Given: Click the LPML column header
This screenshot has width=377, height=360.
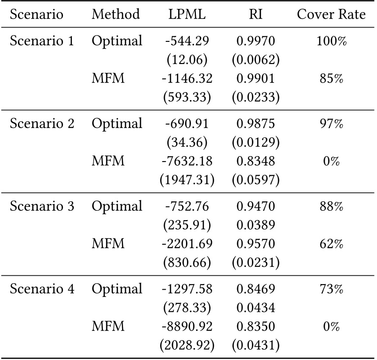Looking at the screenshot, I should [187, 15].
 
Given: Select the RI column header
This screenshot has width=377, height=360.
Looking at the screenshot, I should [255, 15].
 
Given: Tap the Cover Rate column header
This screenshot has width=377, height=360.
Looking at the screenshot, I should [331, 15].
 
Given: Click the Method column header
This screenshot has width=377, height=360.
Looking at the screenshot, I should [116, 15].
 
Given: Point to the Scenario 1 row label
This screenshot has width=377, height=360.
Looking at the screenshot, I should [42, 41].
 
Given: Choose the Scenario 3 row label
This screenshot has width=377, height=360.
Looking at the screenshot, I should [42, 206].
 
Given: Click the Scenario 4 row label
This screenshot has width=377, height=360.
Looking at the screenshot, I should [42, 289].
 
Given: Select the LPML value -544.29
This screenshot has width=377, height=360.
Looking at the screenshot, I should [187, 41].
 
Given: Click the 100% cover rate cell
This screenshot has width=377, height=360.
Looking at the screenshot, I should [331, 41].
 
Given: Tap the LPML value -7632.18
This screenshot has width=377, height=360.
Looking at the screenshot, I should [187, 162].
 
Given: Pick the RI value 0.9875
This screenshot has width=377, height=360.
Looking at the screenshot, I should [255, 124].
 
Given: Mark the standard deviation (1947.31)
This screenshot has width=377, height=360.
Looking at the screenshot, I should [187, 180].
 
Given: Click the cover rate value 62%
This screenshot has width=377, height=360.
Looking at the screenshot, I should [331, 244].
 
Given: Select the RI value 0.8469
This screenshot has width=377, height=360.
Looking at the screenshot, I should [255, 289].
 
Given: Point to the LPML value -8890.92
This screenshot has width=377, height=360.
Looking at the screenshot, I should [187, 327].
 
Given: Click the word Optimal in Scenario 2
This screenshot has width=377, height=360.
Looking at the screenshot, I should [117, 124].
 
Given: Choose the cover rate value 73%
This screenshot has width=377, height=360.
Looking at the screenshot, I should [331, 289].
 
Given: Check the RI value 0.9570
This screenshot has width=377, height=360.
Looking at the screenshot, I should [255, 244].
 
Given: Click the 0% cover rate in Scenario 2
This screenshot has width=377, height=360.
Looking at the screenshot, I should [331, 162].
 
